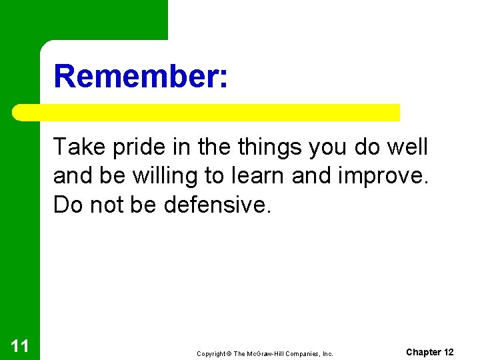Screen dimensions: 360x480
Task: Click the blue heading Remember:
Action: point(141,76)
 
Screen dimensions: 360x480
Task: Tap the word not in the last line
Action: point(106,205)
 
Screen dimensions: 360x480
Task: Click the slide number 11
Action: point(19,345)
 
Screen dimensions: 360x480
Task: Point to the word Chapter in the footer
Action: point(423,352)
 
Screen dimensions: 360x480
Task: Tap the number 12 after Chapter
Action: point(449,352)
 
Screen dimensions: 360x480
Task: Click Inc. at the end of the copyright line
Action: point(327,353)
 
